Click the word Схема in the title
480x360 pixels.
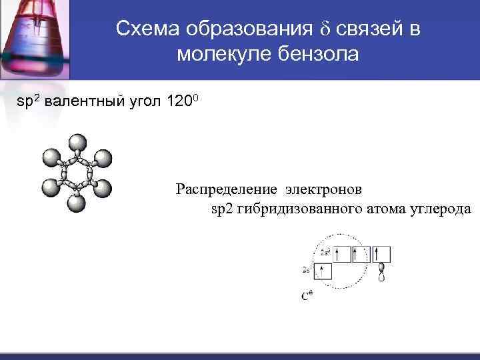[x=147, y=29]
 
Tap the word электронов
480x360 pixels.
[x=321, y=189]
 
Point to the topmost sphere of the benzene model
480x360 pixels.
[x=77, y=143]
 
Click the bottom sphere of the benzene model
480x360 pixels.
[x=77, y=203]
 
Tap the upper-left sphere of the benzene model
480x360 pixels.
[x=51, y=158]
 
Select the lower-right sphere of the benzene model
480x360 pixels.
[x=103, y=189]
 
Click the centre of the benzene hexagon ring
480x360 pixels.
[x=77, y=173]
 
